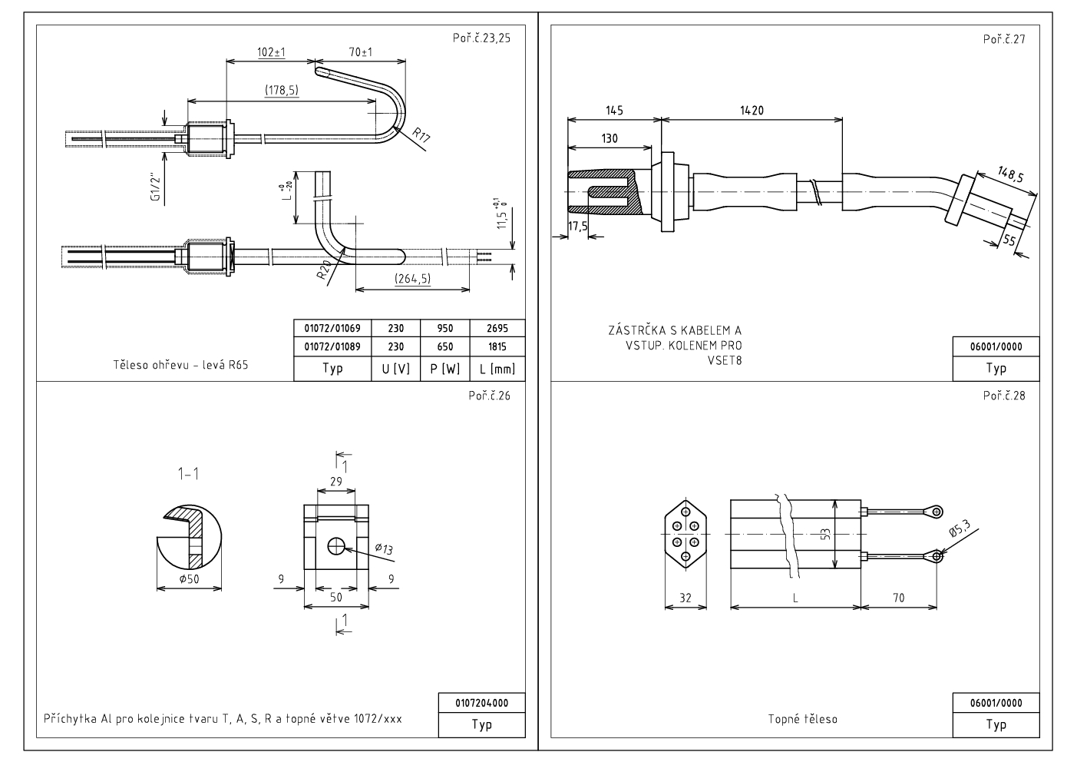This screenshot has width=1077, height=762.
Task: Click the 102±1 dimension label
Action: tap(270, 52)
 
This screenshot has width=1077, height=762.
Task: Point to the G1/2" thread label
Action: tap(157, 186)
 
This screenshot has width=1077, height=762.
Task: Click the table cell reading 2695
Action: tap(497, 328)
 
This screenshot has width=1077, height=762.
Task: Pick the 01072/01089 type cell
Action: tap(332, 346)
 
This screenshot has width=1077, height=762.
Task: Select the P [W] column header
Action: tap(445, 369)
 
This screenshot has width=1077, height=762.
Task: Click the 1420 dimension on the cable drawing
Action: tap(752, 111)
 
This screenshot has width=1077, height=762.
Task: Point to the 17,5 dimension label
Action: tap(578, 226)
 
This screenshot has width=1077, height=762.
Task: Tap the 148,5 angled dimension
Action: tap(1010, 174)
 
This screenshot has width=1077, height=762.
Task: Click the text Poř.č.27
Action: tap(1004, 39)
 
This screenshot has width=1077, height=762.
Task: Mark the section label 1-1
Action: tap(188, 474)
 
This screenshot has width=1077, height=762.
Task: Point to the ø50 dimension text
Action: tap(189, 579)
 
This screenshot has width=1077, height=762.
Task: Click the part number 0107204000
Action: tap(481, 703)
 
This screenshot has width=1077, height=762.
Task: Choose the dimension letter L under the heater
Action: tap(795, 598)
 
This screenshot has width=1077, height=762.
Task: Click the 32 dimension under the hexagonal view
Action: tap(685, 598)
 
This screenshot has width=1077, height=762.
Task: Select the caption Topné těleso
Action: tap(802, 720)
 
